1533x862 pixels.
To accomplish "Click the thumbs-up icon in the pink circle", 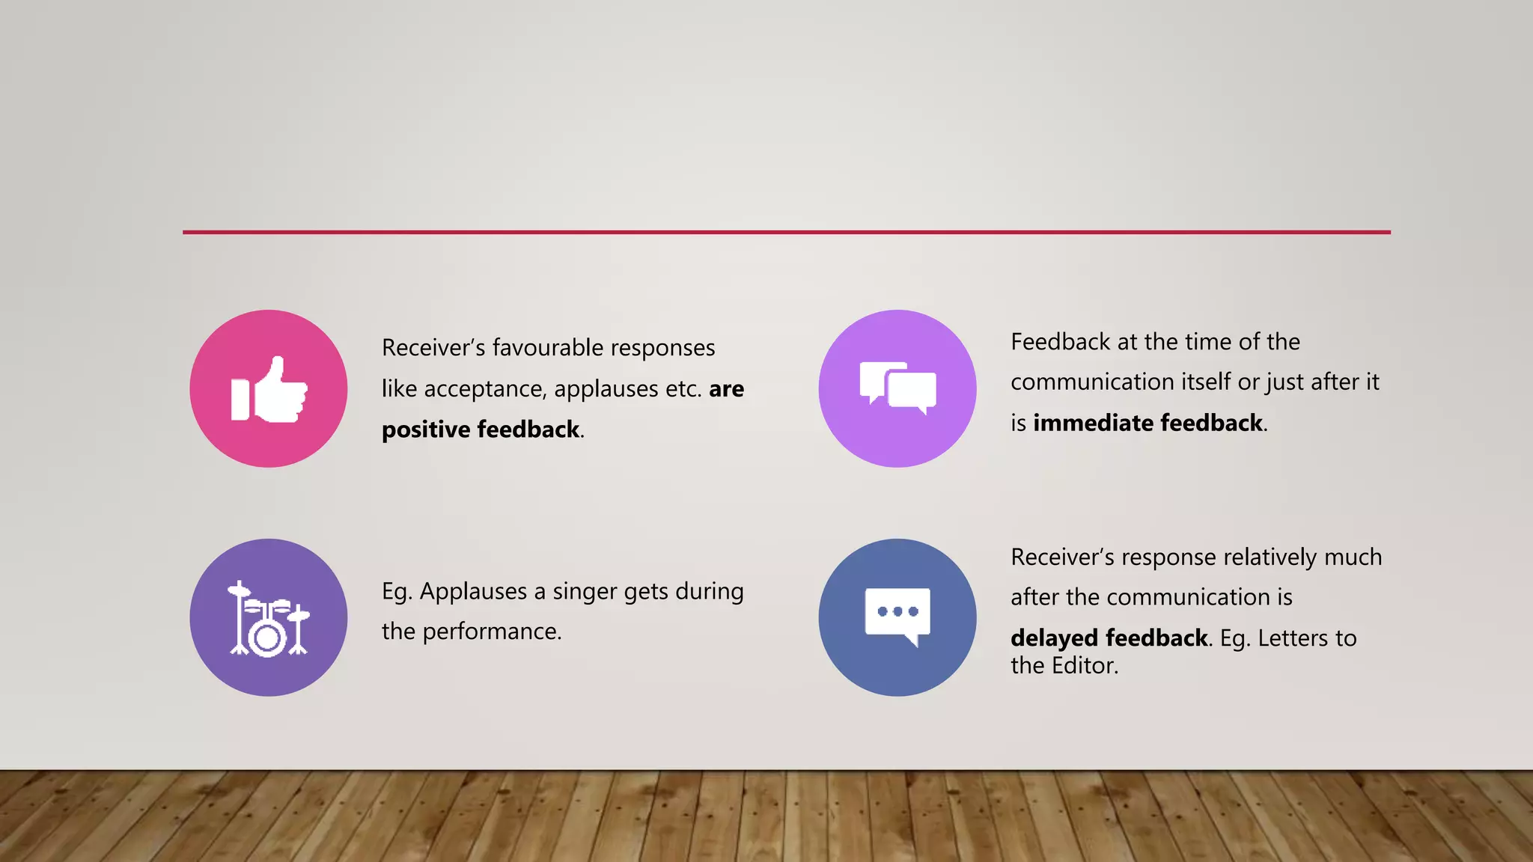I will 269,389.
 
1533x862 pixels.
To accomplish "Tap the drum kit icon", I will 268,619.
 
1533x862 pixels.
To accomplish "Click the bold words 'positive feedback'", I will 481,430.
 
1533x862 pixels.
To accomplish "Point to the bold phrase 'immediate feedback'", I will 1148,423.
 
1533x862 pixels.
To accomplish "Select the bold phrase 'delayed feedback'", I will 1109,638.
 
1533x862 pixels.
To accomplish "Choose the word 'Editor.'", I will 1085,665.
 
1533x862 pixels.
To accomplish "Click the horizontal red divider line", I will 786,232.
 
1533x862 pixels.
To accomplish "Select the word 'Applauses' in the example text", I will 473,592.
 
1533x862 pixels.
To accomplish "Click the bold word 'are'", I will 726,389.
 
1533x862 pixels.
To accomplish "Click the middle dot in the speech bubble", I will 897,611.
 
